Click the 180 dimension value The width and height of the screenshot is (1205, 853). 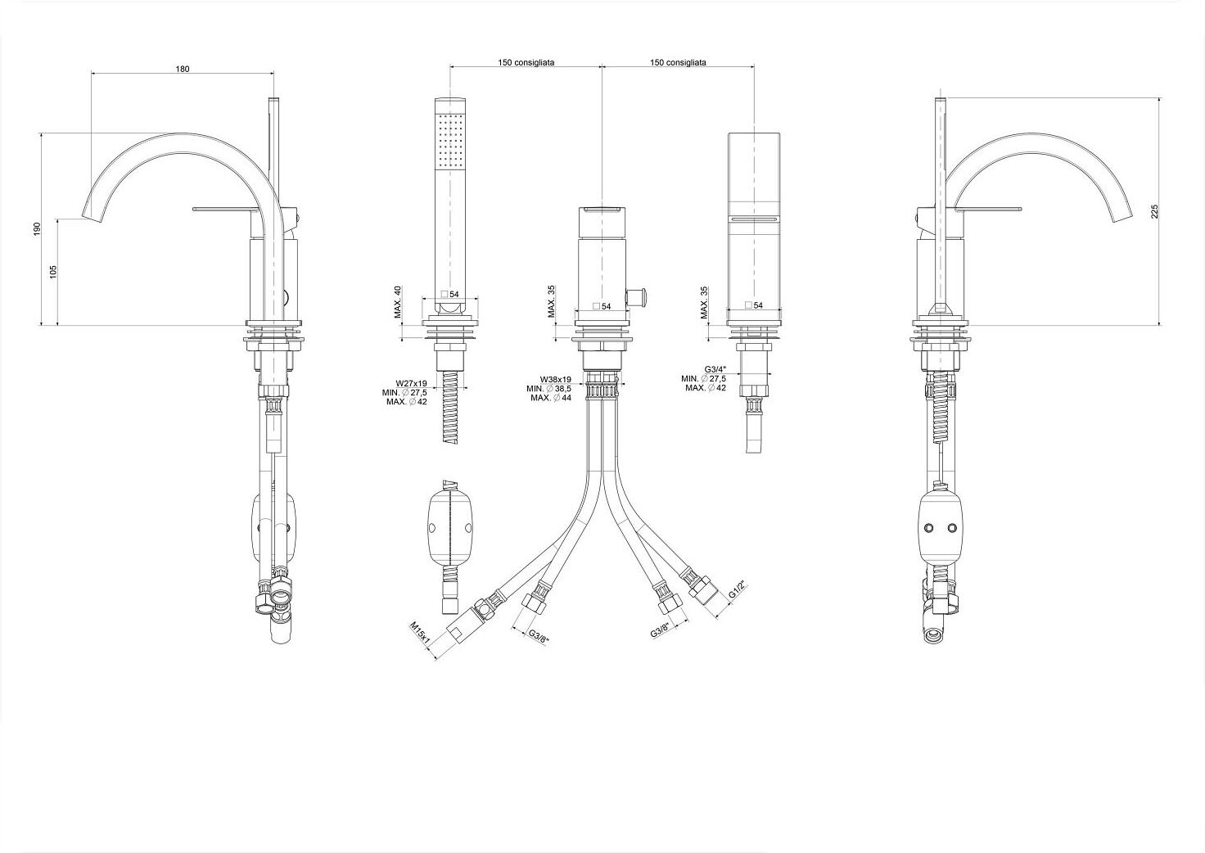coord(183,69)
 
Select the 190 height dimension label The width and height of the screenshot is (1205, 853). coord(37,229)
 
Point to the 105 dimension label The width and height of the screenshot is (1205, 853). coord(52,272)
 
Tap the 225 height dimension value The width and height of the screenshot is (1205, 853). coord(1154,211)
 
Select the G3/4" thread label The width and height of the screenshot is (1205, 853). coord(715,369)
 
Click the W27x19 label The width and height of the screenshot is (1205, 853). coord(412,383)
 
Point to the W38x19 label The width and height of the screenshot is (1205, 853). coord(556,380)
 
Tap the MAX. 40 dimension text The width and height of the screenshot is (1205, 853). coord(398,302)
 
